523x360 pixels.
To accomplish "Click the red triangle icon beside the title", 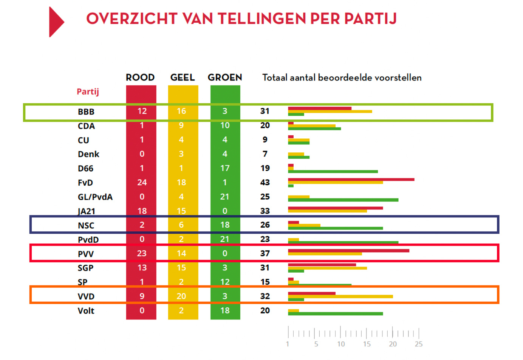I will coord(56,22).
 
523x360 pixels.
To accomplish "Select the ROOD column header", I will coord(140,78).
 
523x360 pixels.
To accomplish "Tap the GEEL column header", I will coord(183,78).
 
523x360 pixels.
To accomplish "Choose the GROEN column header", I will coord(225,78).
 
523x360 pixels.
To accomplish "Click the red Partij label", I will coord(88,92).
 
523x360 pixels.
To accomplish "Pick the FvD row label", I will coord(85,183).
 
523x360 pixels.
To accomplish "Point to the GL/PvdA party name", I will coord(95,197).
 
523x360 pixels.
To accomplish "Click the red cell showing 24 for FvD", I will coord(142,182).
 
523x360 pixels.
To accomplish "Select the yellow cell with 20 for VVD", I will coord(181,296).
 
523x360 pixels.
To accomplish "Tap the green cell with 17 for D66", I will coord(225,168).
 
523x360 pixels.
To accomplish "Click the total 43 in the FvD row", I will coord(265,182).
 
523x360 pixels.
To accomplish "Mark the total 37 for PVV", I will coord(265,253).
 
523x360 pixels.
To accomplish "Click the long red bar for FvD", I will coord(351,179).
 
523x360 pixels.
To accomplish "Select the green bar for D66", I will coord(333,172).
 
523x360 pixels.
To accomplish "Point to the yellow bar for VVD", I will coord(340,296).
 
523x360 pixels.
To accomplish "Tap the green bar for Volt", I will coord(335,313).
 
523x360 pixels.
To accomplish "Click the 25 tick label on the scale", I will coord(419,344).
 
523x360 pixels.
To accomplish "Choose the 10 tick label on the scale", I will coord(341,344).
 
